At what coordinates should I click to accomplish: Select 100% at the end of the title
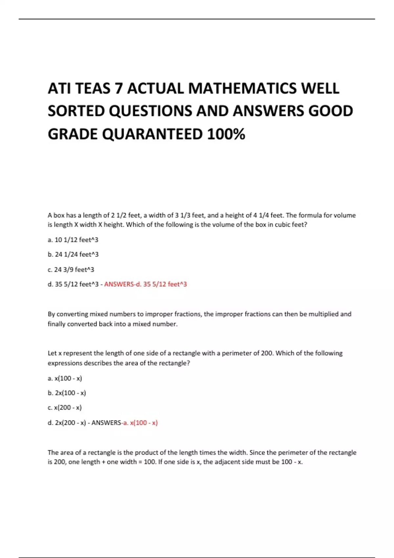(x=226, y=134)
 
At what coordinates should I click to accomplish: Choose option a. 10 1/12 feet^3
(x=73, y=240)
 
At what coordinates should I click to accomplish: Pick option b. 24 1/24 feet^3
(x=73, y=254)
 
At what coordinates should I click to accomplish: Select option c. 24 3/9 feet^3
(x=71, y=269)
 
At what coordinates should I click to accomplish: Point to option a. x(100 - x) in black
(x=65, y=378)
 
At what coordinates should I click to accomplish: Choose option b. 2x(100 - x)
(x=67, y=393)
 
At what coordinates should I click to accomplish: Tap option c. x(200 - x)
(x=65, y=408)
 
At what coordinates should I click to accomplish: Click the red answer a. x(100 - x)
(x=141, y=423)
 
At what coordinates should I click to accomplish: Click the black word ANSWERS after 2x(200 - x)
(x=106, y=423)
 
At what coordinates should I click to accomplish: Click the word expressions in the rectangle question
(x=65, y=363)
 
